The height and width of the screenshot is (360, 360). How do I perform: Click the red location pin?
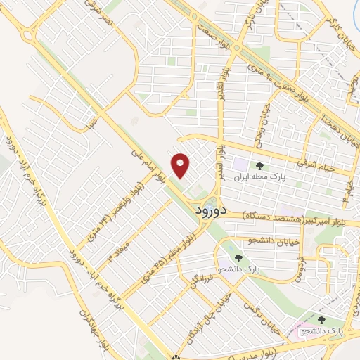pos(181,166)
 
